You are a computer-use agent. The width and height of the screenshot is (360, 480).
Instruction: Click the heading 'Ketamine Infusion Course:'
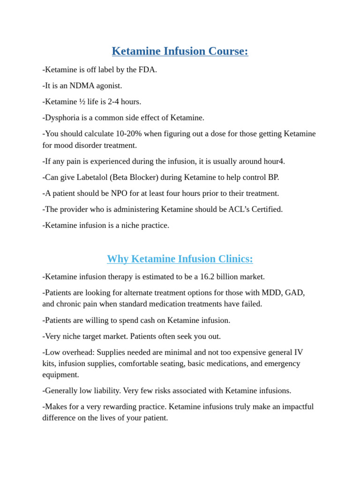180,51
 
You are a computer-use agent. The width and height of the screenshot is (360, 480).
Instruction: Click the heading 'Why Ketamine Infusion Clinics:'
180,259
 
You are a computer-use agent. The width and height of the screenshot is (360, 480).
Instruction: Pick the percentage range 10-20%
126,134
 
